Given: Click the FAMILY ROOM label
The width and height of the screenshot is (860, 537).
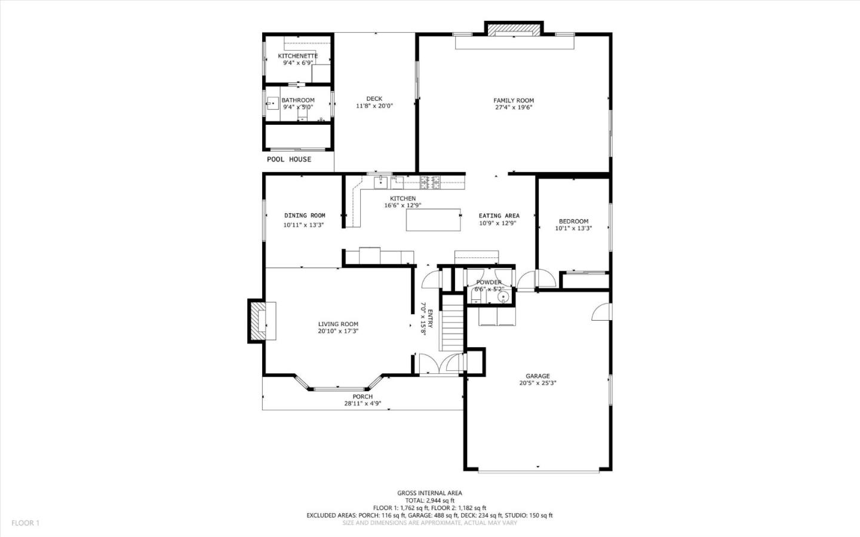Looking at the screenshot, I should [513, 100].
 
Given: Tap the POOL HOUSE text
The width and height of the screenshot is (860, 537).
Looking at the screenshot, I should [288, 159].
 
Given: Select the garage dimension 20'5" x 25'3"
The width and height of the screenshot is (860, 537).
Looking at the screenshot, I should [537, 383].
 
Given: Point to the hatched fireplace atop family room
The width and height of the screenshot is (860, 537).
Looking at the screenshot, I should [514, 29].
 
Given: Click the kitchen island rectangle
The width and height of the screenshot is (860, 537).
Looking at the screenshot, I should [434, 220].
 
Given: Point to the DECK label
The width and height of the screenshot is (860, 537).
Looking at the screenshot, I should [374, 99].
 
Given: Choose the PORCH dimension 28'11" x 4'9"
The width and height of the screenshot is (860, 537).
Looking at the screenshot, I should [363, 403].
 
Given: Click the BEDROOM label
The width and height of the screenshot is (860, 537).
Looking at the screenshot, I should [573, 221].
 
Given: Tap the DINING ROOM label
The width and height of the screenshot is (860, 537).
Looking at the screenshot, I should [305, 216].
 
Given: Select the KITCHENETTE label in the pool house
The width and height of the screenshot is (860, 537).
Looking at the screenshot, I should [297, 56].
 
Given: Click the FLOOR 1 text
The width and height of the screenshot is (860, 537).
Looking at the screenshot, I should [25, 523].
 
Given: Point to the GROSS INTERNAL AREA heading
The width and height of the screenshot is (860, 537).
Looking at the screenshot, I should [429, 493].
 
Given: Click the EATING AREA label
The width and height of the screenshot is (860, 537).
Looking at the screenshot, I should [499, 216].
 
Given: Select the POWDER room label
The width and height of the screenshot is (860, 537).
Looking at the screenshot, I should [489, 283].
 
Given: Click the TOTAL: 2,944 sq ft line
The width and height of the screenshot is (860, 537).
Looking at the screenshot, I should [429, 501].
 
